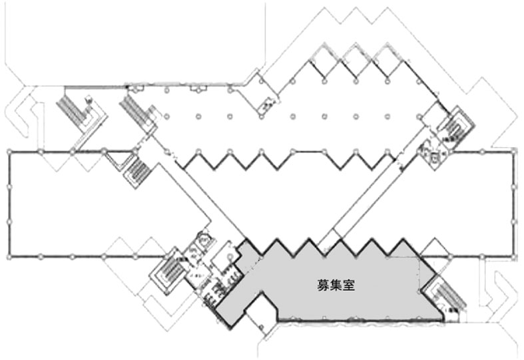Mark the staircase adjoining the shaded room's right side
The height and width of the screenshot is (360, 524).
click(441, 296)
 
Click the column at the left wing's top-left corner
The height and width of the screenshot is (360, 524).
click(9, 153)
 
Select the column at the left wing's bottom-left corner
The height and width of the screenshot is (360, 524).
click(9, 256)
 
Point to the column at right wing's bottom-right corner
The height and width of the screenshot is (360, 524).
click(514, 256)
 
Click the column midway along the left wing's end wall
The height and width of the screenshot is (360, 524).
click(9, 204)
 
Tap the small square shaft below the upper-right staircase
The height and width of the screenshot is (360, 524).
click(434, 158)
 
